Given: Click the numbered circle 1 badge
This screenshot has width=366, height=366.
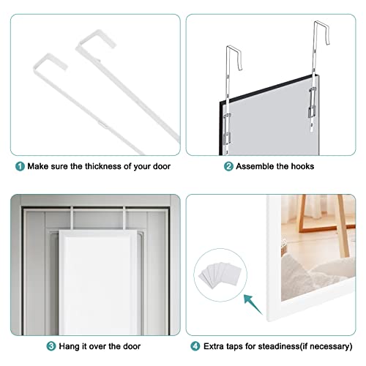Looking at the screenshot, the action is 20,167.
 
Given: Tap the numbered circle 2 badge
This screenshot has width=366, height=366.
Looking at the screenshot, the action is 228,167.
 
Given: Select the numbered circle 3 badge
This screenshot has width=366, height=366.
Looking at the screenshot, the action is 51,346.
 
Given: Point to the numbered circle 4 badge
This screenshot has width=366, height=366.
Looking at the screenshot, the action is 195,346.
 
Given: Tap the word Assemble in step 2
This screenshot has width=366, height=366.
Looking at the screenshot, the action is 255,166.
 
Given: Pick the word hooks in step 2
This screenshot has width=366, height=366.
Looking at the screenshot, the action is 302,166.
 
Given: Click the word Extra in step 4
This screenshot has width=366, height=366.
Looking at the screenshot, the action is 214,346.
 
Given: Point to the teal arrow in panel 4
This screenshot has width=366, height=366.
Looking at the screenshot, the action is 253,305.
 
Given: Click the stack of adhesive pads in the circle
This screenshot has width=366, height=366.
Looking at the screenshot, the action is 220,275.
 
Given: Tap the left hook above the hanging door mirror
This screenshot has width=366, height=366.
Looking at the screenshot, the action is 72,218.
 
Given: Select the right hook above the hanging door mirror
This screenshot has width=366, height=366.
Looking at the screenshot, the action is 124,218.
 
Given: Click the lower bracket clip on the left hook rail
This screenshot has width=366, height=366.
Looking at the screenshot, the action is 227,138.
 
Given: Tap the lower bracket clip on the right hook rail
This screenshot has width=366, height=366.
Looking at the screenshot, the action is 312,112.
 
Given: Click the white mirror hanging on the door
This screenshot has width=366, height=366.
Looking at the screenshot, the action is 97,283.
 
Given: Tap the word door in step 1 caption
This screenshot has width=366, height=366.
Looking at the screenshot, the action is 162,166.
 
